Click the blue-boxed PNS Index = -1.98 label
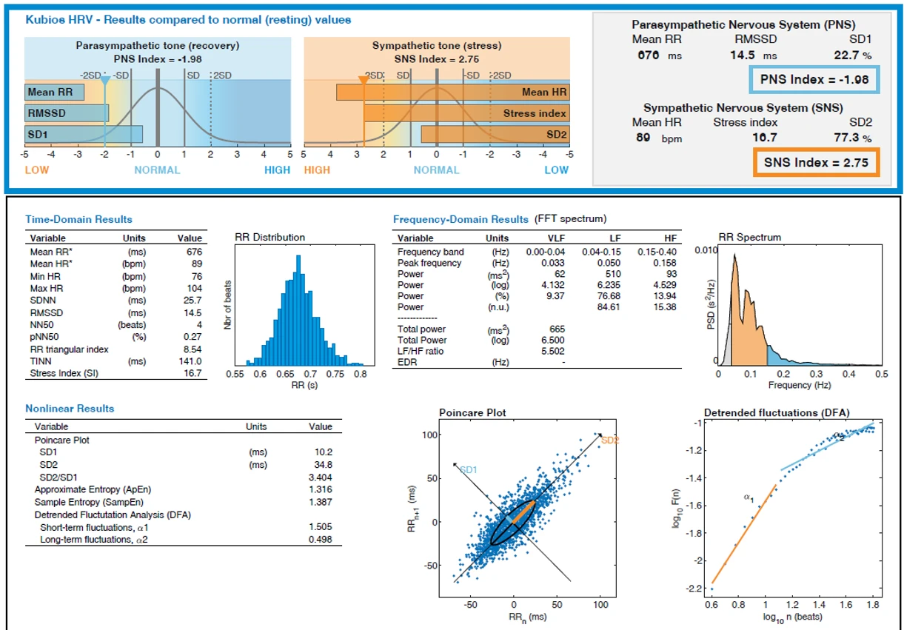click(x=814, y=79)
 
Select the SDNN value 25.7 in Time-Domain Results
click(x=192, y=300)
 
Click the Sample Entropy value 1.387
click(x=321, y=502)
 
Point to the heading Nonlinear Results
click(x=70, y=409)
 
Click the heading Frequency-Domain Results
click(x=461, y=219)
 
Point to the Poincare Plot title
click(x=473, y=412)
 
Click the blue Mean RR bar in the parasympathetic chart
click(x=54, y=93)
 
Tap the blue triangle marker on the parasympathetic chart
click(x=105, y=79)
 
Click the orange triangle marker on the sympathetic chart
click(x=364, y=79)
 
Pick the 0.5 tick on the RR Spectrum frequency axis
click(x=881, y=375)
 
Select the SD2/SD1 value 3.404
click(x=321, y=477)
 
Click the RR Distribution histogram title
click(x=269, y=238)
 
